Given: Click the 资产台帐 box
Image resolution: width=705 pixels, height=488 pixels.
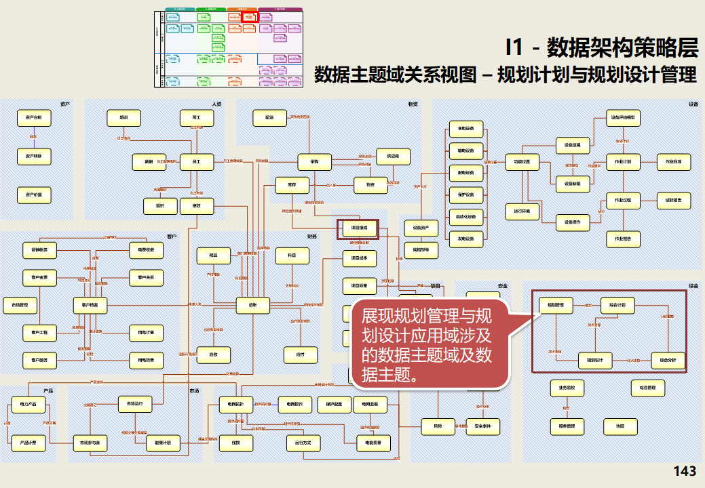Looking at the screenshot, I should [x=34, y=118].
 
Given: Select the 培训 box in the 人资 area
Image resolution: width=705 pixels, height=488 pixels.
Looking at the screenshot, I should [x=124, y=118].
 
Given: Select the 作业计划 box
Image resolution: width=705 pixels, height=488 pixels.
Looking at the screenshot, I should [x=623, y=162].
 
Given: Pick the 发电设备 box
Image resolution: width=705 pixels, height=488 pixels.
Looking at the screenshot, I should [x=466, y=239].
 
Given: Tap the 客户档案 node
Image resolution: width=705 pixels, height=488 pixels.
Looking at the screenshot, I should [x=90, y=306].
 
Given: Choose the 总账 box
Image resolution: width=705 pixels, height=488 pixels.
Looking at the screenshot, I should [x=252, y=306].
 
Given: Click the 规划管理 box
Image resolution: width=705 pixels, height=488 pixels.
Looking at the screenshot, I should [x=556, y=306].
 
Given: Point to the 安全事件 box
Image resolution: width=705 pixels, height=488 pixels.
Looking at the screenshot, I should [x=482, y=426].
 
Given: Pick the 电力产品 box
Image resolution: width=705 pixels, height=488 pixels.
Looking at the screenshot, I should [x=28, y=405].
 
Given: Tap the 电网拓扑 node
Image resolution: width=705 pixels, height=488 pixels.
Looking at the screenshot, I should [x=236, y=405].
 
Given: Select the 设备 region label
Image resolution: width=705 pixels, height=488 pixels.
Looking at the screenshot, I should [x=693, y=104].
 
